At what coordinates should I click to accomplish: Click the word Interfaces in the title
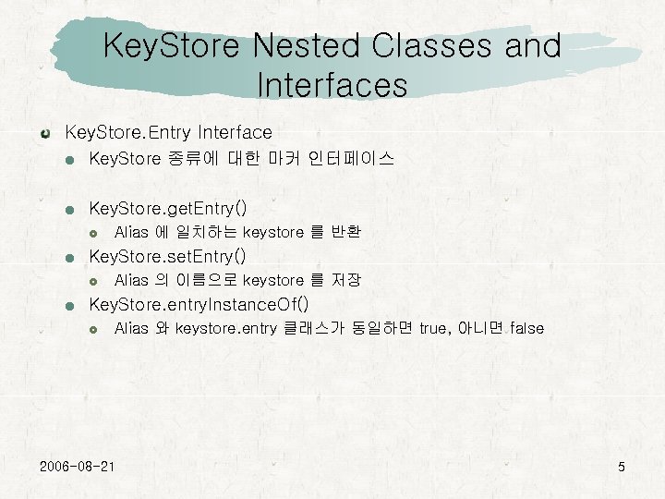point(332,85)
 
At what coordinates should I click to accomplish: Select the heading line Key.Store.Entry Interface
point(167,133)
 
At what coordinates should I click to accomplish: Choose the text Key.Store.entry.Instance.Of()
point(199,304)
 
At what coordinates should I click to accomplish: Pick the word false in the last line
point(526,328)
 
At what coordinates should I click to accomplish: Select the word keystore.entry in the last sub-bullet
point(225,328)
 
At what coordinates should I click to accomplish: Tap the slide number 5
point(622,467)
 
